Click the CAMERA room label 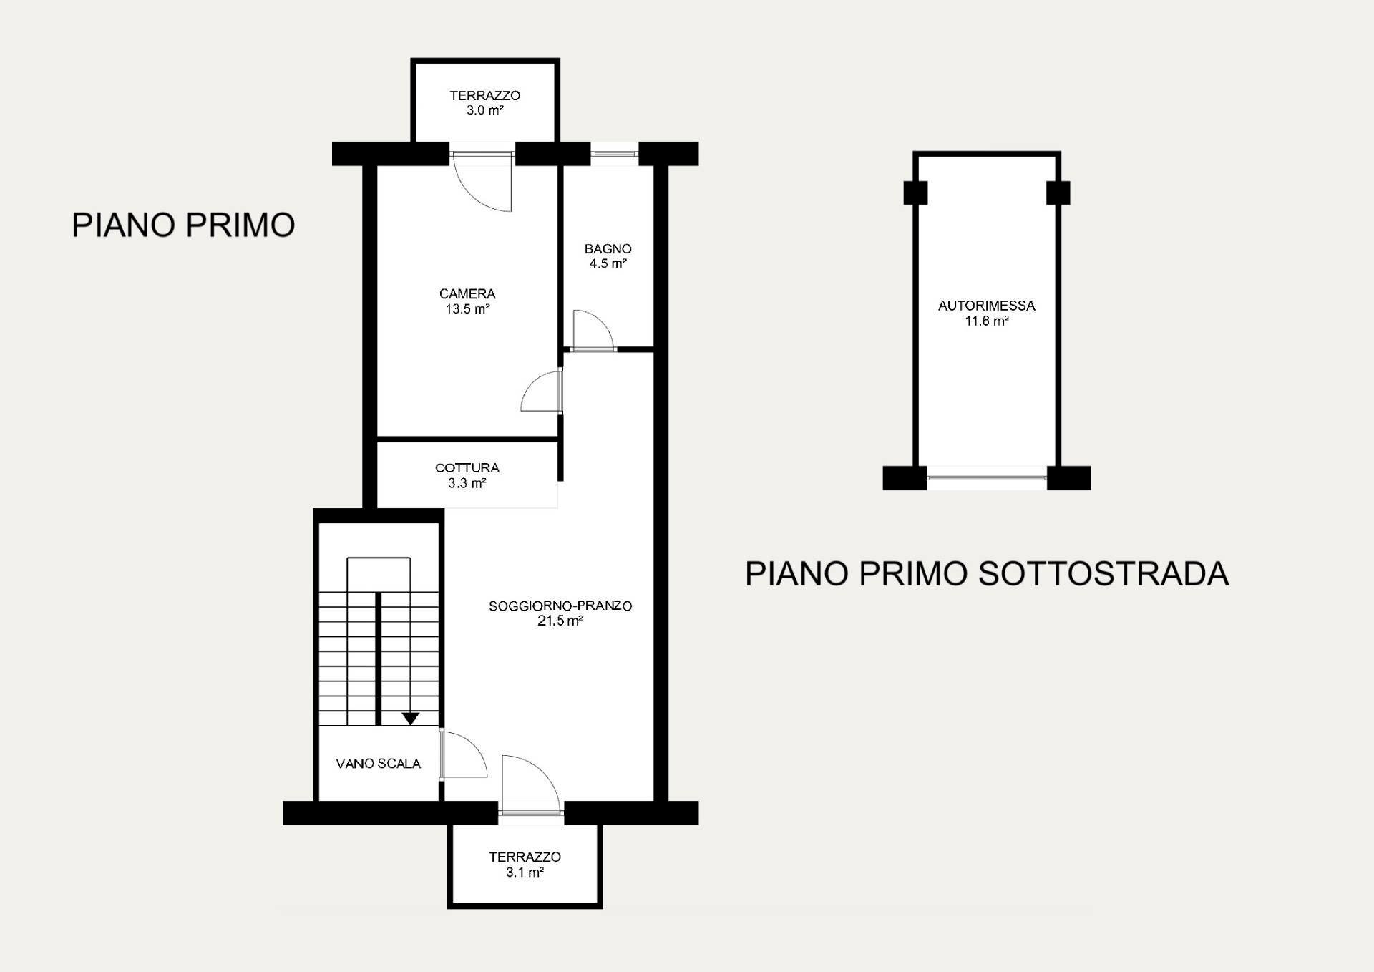point(467,293)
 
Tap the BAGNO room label point(608,249)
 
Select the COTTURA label point(467,468)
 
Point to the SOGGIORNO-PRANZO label point(560,606)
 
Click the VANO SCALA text point(379,764)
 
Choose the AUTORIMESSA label point(987,306)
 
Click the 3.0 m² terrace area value point(485,111)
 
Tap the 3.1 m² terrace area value point(525,873)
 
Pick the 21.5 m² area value point(560,621)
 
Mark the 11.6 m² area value point(987,321)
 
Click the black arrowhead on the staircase point(410,719)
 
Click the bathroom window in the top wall point(615,153)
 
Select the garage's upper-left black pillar point(915,193)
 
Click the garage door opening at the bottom point(987,478)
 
